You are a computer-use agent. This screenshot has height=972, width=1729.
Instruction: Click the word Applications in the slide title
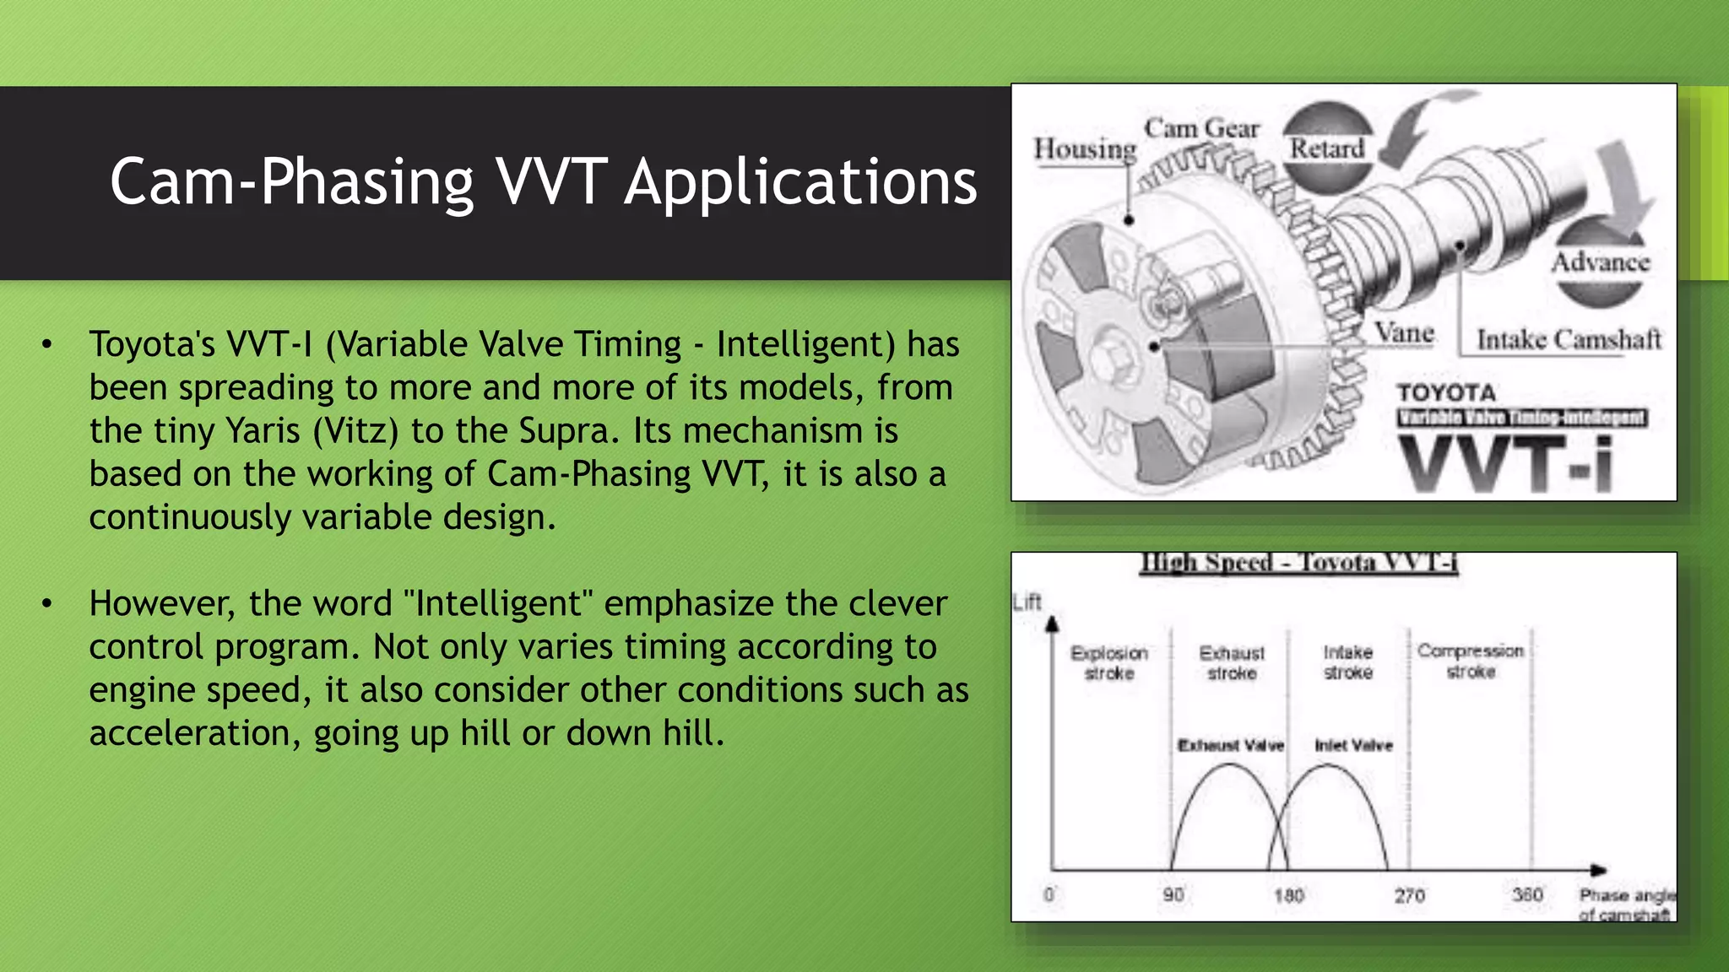click(x=800, y=182)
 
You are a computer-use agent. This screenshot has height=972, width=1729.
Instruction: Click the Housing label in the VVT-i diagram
click(x=1085, y=149)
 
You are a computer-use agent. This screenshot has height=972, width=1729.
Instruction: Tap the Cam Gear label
click(x=1201, y=128)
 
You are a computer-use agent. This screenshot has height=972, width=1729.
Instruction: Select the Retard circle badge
click(x=1327, y=148)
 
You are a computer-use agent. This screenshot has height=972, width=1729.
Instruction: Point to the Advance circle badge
click(x=1600, y=262)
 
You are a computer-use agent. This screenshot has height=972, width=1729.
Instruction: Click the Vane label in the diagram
click(x=1404, y=332)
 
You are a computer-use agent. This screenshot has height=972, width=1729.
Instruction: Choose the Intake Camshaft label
click(x=1569, y=339)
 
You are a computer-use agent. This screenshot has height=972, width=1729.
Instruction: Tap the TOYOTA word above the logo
click(x=1445, y=392)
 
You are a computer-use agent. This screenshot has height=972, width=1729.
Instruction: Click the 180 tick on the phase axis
click(x=1288, y=894)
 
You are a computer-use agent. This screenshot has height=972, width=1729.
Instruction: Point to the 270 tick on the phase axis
click(x=1409, y=894)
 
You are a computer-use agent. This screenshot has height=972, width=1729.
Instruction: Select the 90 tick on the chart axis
click(x=1173, y=894)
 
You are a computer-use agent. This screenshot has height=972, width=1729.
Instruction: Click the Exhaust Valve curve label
click(x=1230, y=745)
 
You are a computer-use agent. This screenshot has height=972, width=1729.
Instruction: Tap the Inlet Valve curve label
click(x=1353, y=745)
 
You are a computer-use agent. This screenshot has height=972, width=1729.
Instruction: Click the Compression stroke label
click(x=1471, y=661)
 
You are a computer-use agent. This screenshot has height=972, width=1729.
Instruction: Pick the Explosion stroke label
click(x=1108, y=662)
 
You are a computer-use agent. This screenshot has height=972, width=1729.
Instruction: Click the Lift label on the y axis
click(x=1027, y=602)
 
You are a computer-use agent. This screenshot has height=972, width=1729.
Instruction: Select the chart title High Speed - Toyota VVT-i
click(x=1299, y=562)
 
